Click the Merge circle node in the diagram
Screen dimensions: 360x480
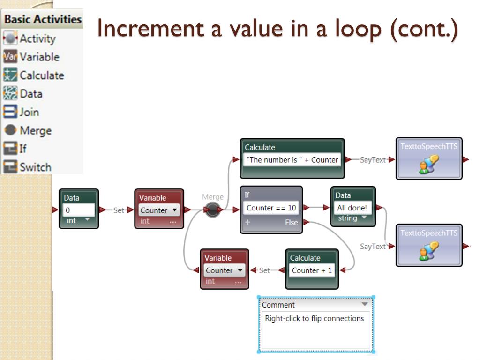tap(213, 210)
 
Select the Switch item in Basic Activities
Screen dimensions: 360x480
tap(35, 167)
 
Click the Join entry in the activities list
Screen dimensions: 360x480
tap(29, 112)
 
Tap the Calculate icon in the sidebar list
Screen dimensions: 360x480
tap(10, 75)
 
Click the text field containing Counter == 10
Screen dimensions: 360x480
tap(271, 208)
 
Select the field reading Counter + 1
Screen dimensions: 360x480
tap(312, 270)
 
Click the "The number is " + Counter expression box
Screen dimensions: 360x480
tap(292, 160)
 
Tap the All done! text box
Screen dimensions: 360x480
tap(352, 208)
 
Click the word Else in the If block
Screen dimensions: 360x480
tap(291, 223)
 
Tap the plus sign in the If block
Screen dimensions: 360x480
tap(247, 223)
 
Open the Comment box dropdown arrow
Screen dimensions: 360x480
tap(365, 304)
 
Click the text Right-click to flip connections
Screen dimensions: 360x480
tap(314, 319)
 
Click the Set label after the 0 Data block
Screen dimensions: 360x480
tap(119, 210)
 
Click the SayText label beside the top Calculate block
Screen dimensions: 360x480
tap(373, 160)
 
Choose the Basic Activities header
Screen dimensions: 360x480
tap(43, 20)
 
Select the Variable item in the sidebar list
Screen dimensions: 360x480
tap(39, 57)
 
